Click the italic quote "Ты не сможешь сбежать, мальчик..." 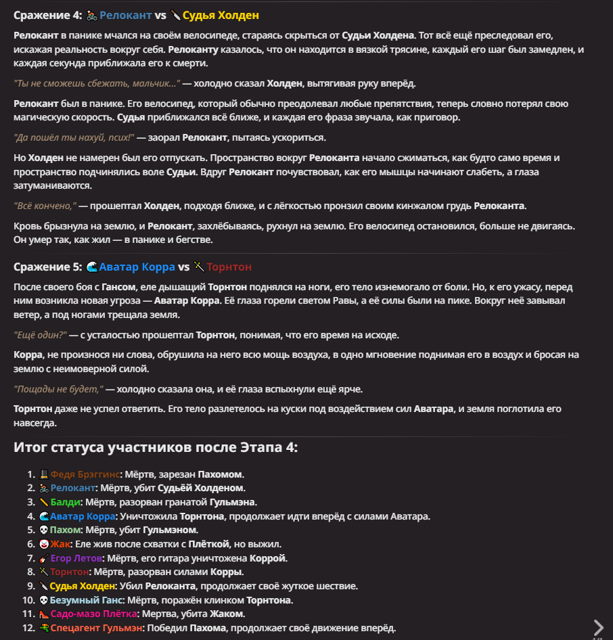tap(97, 83)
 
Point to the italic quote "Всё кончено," tap(45, 206)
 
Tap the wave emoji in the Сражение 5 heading tap(92, 267)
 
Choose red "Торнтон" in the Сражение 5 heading tap(229, 267)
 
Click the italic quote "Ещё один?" tap(40, 335)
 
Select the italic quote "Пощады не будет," tap(58, 389)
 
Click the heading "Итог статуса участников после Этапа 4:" tap(156, 447)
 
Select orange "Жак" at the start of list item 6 tap(61, 544)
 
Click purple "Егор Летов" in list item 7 tap(76, 558)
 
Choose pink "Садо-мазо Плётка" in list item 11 tap(94, 614)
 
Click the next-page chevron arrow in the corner tap(598, 627)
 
